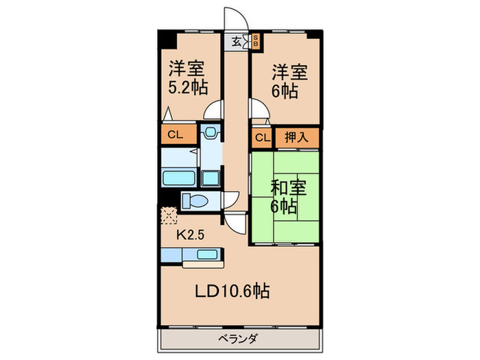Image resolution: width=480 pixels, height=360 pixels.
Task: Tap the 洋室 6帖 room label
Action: click(x=285, y=80)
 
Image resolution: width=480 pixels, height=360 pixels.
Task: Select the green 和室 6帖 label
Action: click(x=283, y=196)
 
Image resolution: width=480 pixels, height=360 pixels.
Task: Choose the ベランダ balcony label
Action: click(x=239, y=338)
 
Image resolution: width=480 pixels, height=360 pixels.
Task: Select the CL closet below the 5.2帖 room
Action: click(x=176, y=134)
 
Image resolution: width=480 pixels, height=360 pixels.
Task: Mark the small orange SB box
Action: click(x=256, y=40)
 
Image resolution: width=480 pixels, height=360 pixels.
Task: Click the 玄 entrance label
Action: click(x=236, y=41)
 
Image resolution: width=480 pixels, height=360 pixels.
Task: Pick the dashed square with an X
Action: click(x=167, y=216)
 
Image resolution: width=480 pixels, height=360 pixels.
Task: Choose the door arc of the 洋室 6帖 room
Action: click(x=259, y=110)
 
